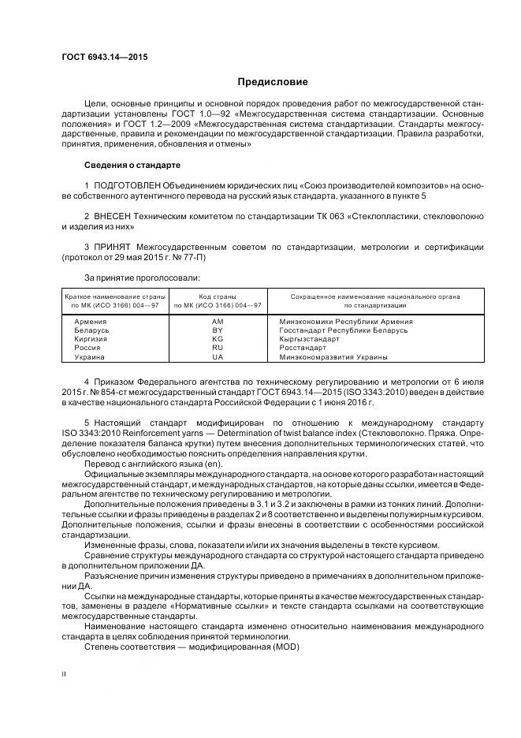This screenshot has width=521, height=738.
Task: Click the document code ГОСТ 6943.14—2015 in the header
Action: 105,57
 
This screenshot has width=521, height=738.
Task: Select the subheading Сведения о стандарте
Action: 132,166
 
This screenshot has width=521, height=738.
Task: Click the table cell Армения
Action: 91,322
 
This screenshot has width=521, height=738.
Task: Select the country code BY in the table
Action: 218,330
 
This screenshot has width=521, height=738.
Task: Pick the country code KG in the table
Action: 218,339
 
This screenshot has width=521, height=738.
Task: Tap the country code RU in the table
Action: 218,348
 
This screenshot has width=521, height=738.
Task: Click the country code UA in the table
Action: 218,356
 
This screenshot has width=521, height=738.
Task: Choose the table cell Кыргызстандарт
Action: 310,339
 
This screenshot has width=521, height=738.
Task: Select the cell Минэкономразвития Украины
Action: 333,356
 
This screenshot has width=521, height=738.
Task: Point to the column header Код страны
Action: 218,296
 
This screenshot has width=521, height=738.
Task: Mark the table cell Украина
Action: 89,356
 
